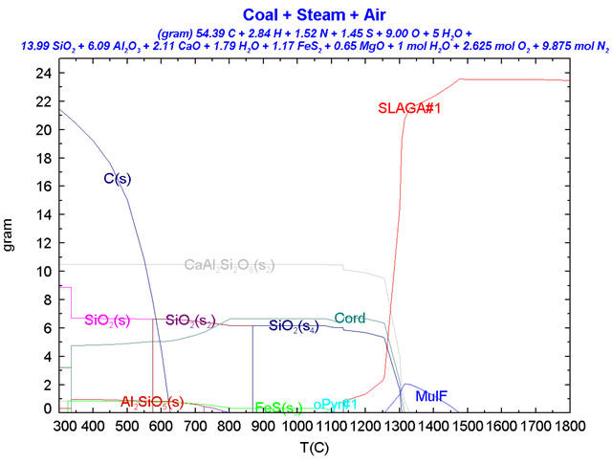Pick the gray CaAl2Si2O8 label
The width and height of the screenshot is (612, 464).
(x=229, y=265)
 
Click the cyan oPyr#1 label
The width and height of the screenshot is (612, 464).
(x=336, y=405)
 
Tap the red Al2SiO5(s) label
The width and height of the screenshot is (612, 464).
(x=153, y=402)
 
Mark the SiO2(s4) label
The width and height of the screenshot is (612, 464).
(x=295, y=326)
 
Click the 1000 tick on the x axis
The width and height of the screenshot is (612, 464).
(x=297, y=425)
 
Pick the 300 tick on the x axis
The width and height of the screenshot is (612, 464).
(x=65, y=425)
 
